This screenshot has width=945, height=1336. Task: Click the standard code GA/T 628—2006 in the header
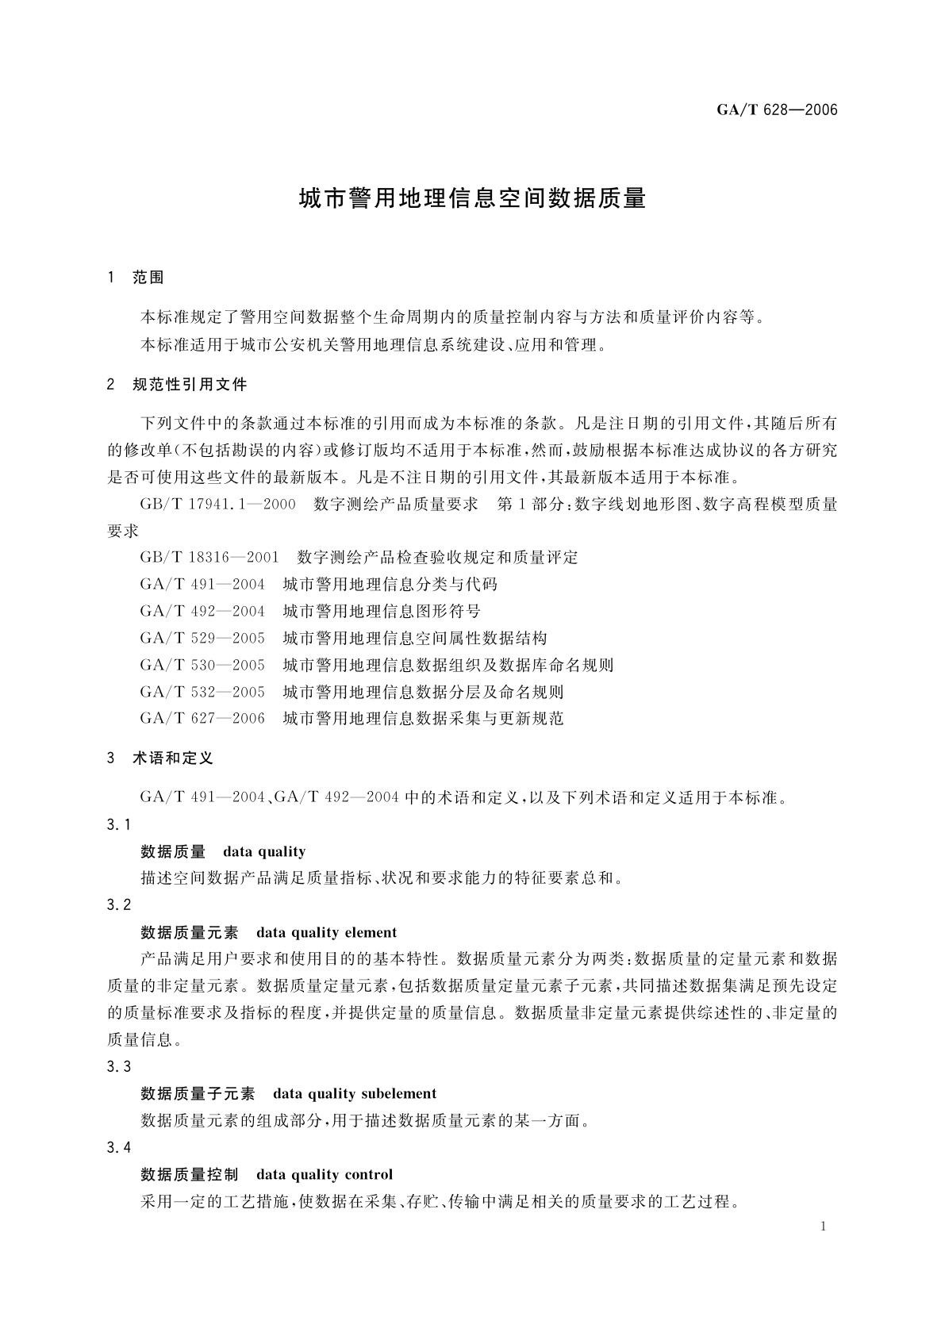pyautogui.click(x=777, y=109)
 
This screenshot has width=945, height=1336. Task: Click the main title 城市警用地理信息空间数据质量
pyautogui.click(x=472, y=198)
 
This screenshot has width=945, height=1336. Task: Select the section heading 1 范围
pyautogui.click(x=136, y=278)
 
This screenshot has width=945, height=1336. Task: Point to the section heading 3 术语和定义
pyautogui.click(x=160, y=758)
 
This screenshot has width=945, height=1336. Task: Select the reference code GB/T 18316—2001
pyautogui.click(x=209, y=558)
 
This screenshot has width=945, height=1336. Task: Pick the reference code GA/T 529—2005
pyautogui.click(x=202, y=639)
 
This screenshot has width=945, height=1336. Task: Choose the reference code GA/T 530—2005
pyautogui.click(x=202, y=666)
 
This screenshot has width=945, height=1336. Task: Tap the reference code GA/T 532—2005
pyautogui.click(x=202, y=693)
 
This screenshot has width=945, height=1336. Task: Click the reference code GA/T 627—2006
pyautogui.click(x=202, y=720)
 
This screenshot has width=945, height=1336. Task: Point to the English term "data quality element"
pyautogui.click(x=326, y=933)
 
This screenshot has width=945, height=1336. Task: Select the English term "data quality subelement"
pyautogui.click(x=355, y=1094)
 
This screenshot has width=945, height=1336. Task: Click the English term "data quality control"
pyautogui.click(x=325, y=1175)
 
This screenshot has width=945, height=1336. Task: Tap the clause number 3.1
pyautogui.click(x=118, y=825)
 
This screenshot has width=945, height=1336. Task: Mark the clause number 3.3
pyautogui.click(x=118, y=1067)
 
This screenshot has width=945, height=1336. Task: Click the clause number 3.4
pyautogui.click(x=118, y=1148)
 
